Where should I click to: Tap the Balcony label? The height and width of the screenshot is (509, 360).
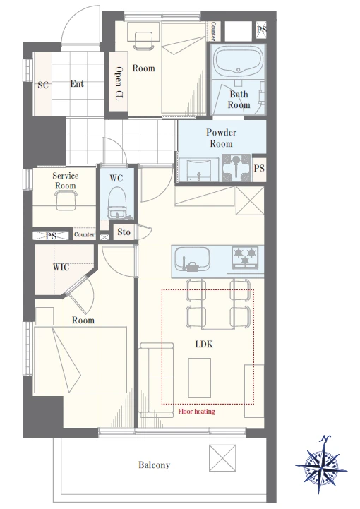[x=154, y=465]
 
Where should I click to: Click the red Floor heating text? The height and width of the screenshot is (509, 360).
[x=196, y=412]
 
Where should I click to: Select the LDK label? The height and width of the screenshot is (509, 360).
[x=204, y=344]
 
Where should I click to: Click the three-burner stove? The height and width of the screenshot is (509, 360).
[x=245, y=257]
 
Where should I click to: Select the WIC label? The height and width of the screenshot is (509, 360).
[x=61, y=267]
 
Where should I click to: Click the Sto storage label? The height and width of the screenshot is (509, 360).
[x=124, y=232]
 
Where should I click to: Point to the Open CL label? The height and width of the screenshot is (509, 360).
[x=119, y=83]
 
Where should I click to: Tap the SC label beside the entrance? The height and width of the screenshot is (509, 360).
[x=43, y=85]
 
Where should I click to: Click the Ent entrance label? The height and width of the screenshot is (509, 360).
[x=77, y=84]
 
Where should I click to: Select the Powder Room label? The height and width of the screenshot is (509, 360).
[x=221, y=138]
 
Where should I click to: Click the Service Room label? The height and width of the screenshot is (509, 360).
[x=65, y=181]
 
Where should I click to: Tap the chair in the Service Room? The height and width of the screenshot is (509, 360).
[x=66, y=200]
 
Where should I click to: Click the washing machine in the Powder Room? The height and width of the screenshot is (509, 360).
[x=236, y=168]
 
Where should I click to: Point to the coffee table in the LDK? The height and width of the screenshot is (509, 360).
[x=200, y=378]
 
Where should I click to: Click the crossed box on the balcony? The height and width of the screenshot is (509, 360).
[x=222, y=458]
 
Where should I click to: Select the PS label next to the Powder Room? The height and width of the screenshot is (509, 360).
[x=259, y=169]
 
